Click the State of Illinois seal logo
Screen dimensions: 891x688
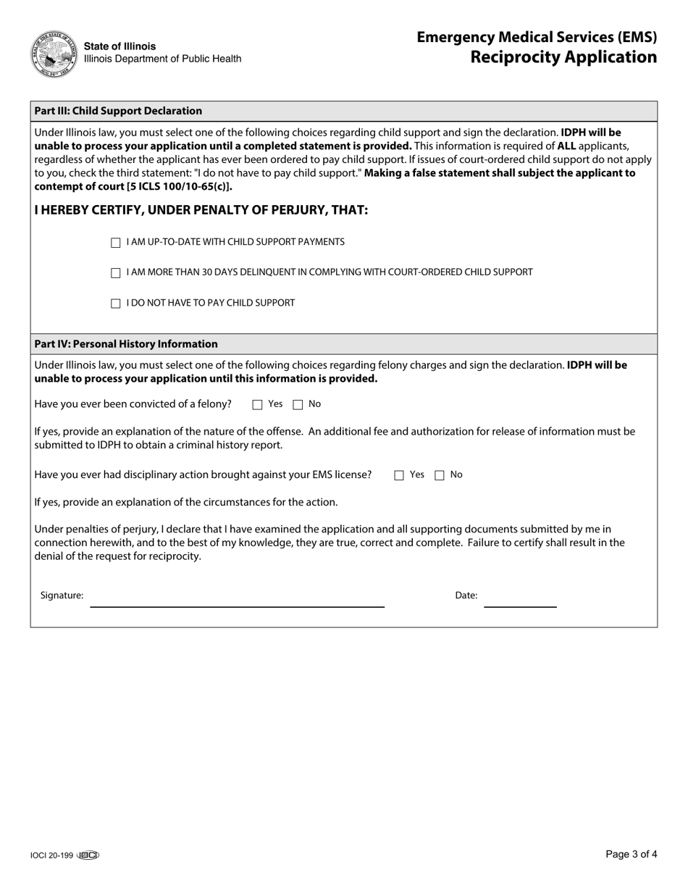54,54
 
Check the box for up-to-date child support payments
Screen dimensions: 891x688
116,243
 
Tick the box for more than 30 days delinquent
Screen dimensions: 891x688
116,273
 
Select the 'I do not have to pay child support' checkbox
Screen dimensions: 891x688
116,304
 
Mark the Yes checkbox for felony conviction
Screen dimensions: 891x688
257,405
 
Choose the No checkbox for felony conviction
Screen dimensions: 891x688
298,405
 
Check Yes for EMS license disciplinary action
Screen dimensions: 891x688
399,476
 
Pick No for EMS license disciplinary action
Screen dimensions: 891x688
440,476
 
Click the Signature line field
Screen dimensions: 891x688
237,599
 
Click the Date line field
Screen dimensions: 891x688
520,599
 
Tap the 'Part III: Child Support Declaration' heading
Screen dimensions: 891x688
118,111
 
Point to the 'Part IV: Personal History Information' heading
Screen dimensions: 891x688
126,344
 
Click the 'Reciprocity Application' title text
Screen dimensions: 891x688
563,57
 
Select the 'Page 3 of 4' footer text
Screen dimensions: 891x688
631,855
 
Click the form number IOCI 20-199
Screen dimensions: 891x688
51,856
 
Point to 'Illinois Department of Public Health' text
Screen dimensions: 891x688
163,59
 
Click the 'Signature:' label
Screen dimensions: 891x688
62,595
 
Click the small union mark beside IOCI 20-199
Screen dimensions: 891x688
88,856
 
